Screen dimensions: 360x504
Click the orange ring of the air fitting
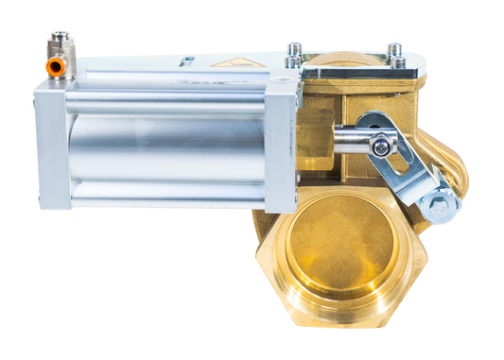point(56,67)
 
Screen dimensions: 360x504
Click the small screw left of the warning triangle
point(187,61)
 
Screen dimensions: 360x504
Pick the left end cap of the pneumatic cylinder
point(53,144)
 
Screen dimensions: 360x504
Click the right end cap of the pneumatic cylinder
point(281,144)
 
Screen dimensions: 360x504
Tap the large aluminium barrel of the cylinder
point(165,146)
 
